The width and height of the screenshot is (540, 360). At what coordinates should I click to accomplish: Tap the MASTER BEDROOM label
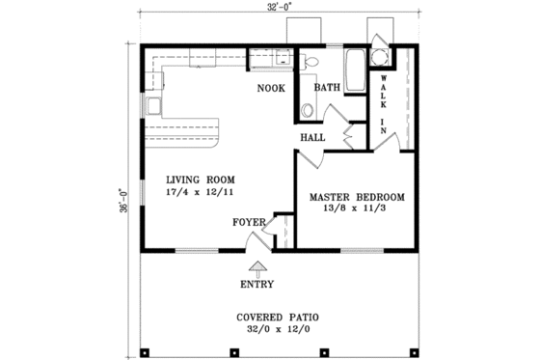356,197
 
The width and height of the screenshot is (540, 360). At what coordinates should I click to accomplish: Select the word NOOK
270,89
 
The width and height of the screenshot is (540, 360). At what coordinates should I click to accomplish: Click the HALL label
311,137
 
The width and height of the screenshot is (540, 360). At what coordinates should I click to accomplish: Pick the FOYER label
249,222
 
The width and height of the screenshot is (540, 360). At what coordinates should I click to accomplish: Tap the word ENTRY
258,285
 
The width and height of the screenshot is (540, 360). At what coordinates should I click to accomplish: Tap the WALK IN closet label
384,101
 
